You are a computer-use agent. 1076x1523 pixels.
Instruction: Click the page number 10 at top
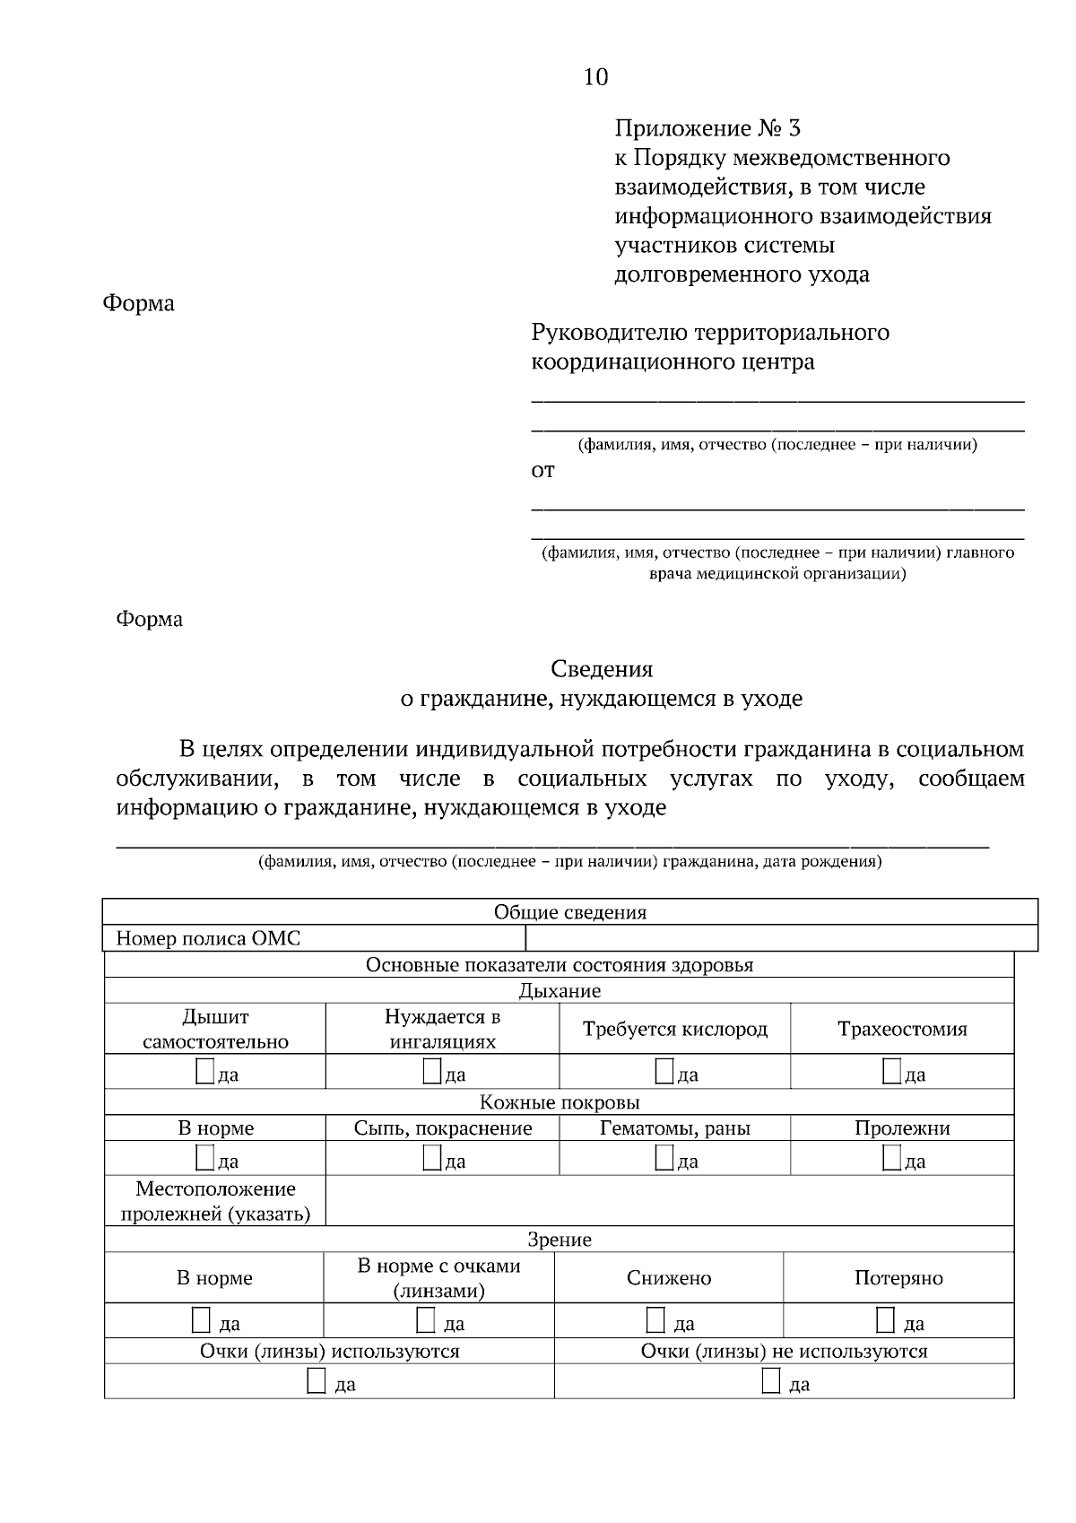(x=595, y=77)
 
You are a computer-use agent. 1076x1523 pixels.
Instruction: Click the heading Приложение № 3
(x=707, y=128)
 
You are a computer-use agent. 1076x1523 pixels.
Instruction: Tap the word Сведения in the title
(x=602, y=669)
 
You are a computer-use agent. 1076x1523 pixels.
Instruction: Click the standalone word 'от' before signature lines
(x=543, y=471)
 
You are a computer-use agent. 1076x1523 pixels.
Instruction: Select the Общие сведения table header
(x=570, y=913)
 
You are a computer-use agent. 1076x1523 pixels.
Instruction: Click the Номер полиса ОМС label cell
(x=208, y=939)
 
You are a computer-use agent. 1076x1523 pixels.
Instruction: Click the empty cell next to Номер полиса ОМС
(x=780, y=939)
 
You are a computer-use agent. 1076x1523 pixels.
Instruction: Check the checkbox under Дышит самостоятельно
(x=205, y=1071)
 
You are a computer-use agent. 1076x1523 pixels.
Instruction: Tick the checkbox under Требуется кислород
(x=664, y=1071)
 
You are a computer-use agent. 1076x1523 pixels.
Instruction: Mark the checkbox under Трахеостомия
(x=891, y=1071)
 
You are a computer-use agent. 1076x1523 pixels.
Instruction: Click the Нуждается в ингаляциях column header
(x=442, y=1029)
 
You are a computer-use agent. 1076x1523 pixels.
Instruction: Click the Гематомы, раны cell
(x=674, y=1128)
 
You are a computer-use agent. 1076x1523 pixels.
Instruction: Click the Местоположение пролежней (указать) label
(x=215, y=1201)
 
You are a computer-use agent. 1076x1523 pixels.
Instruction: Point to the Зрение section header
(x=560, y=1240)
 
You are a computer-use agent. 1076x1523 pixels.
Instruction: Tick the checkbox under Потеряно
(x=885, y=1319)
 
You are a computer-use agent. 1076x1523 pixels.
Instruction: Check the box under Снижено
(x=656, y=1319)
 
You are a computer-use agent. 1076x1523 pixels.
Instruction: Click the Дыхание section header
(x=560, y=991)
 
